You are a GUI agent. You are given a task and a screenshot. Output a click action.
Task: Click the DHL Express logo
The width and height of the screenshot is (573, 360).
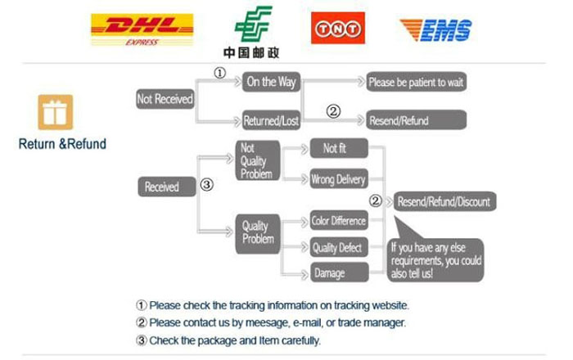[x=141, y=29]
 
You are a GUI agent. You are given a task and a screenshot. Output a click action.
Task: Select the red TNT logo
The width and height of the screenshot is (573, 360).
[x=338, y=29]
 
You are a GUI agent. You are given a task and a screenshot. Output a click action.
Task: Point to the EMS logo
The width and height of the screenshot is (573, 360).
[x=435, y=29]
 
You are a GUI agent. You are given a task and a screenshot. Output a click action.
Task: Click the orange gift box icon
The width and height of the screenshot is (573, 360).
[x=56, y=112]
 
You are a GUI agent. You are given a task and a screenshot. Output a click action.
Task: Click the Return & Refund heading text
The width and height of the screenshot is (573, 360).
[x=62, y=144]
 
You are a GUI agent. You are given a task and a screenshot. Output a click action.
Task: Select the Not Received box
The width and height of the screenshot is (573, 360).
[x=165, y=99]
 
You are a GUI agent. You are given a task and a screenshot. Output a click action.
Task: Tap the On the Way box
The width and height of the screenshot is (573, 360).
[x=272, y=81]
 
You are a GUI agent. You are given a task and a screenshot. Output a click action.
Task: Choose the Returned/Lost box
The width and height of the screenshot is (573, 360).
[x=272, y=121]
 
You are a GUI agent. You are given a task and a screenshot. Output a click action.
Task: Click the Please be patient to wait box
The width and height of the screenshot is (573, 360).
[x=416, y=82]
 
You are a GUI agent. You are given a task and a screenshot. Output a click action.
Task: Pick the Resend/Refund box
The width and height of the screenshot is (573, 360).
[x=417, y=120]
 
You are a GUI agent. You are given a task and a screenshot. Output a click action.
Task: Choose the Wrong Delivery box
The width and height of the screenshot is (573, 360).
[x=338, y=179]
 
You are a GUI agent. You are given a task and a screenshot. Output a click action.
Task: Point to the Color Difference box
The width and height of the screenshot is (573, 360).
[x=338, y=220]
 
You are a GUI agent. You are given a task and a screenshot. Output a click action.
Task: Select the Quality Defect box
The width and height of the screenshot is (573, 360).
[x=338, y=248]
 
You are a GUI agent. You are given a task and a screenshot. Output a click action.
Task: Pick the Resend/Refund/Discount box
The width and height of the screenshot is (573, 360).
[x=444, y=201]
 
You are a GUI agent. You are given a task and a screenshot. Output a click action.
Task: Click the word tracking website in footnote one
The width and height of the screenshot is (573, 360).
[x=371, y=305]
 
